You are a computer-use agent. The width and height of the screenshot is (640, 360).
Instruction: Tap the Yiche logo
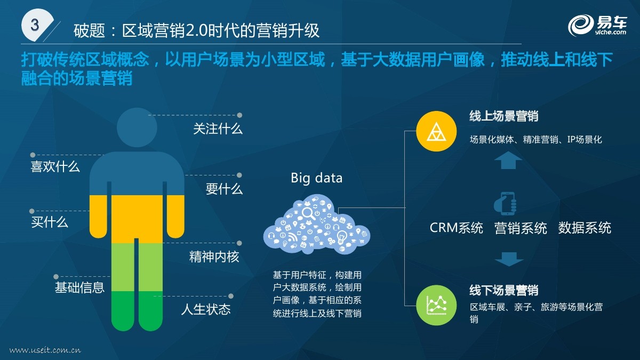click(x=597, y=26)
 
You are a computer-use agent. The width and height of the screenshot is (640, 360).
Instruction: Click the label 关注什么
click(x=218, y=129)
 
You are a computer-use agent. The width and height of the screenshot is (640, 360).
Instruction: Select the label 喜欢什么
click(x=55, y=166)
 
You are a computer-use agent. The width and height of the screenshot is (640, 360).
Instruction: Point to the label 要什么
click(x=224, y=189)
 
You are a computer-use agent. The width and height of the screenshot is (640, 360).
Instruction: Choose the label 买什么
click(x=50, y=222)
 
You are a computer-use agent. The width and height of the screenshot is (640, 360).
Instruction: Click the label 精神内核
click(x=214, y=257)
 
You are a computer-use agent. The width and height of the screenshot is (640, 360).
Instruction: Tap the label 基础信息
click(x=79, y=287)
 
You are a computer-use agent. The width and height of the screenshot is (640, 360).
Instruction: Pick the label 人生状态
click(x=206, y=309)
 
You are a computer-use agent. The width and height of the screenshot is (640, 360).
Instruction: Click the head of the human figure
click(x=137, y=127)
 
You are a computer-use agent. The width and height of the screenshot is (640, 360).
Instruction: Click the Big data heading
click(x=317, y=178)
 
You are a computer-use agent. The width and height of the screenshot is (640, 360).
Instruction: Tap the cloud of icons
click(x=317, y=225)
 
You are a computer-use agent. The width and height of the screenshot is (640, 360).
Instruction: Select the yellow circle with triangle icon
click(x=436, y=131)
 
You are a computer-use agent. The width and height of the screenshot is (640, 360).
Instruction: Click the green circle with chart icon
click(x=436, y=306)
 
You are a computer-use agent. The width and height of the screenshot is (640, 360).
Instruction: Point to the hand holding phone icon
click(x=505, y=204)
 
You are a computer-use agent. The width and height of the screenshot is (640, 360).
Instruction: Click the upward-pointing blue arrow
click(x=508, y=161)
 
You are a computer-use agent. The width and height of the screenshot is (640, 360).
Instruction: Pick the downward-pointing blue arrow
click(x=509, y=259)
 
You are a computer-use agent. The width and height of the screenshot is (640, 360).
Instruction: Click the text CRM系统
click(x=457, y=228)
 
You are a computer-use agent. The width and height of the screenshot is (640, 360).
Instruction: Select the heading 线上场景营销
click(x=503, y=116)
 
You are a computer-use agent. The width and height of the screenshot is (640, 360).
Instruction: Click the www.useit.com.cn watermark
click(x=45, y=350)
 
